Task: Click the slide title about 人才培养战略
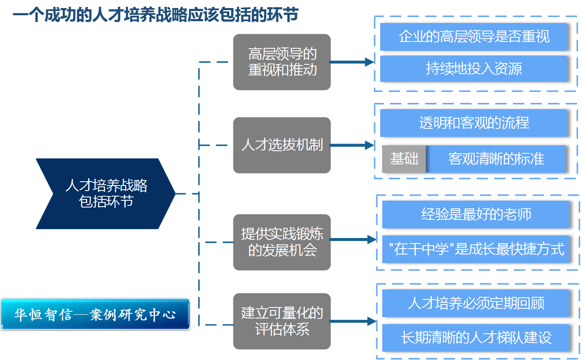pos(155,16)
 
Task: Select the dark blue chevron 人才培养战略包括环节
pos(106,194)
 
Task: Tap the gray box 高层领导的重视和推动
pos(282,62)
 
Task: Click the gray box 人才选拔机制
pos(282,145)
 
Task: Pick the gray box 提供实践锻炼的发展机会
pos(282,242)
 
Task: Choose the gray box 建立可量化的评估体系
pos(282,321)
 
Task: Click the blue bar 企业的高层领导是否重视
pos(473,37)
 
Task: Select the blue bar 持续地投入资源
pos(473,69)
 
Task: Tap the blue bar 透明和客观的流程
pos(473,123)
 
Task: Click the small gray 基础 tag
pos(404,159)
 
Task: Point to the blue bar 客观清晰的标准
pos(496,159)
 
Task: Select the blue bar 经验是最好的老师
pos(475,215)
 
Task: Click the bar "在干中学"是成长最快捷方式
pos(475,249)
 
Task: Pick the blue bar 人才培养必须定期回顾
pos(475,303)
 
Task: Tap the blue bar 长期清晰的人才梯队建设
pos(475,338)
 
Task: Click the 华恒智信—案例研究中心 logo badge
pos(95,315)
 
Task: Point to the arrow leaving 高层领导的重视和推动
pos(352,62)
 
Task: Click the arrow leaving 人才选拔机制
pos(352,145)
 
